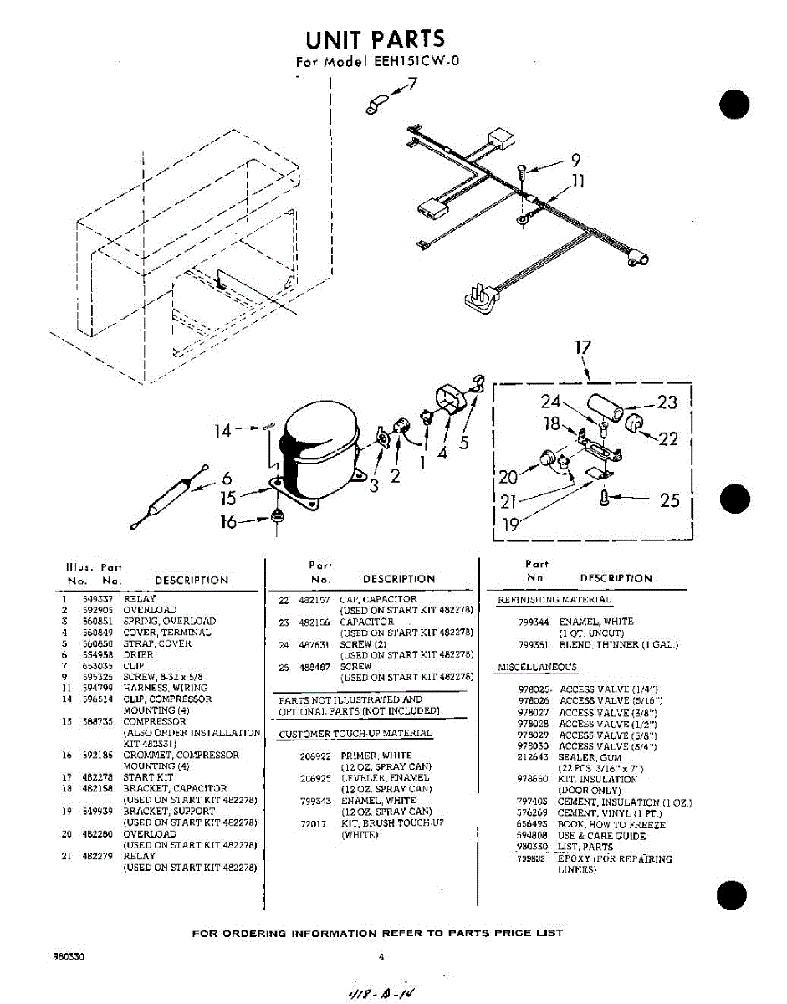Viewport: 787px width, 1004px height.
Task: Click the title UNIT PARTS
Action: pyautogui.click(x=375, y=38)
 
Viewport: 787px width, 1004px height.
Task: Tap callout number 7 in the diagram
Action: pyautogui.click(x=411, y=85)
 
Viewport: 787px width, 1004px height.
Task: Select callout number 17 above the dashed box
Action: pyautogui.click(x=583, y=347)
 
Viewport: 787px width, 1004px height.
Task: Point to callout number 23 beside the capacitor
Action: pyautogui.click(x=667, y=402)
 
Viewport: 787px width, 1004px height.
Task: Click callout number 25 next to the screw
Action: pyautogui.click(x=669, y=500)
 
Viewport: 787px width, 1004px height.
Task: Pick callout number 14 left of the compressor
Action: pyautogui.click(x=222, y=432)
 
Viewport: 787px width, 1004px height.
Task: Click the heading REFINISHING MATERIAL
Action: pyautogui.click(x=554, y=600)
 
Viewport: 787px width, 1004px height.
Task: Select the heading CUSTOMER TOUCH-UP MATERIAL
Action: pyautogui.click(x=355, y=734)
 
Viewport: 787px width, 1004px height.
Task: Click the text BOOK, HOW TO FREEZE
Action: pyautogui.click(x=611, y=824)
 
